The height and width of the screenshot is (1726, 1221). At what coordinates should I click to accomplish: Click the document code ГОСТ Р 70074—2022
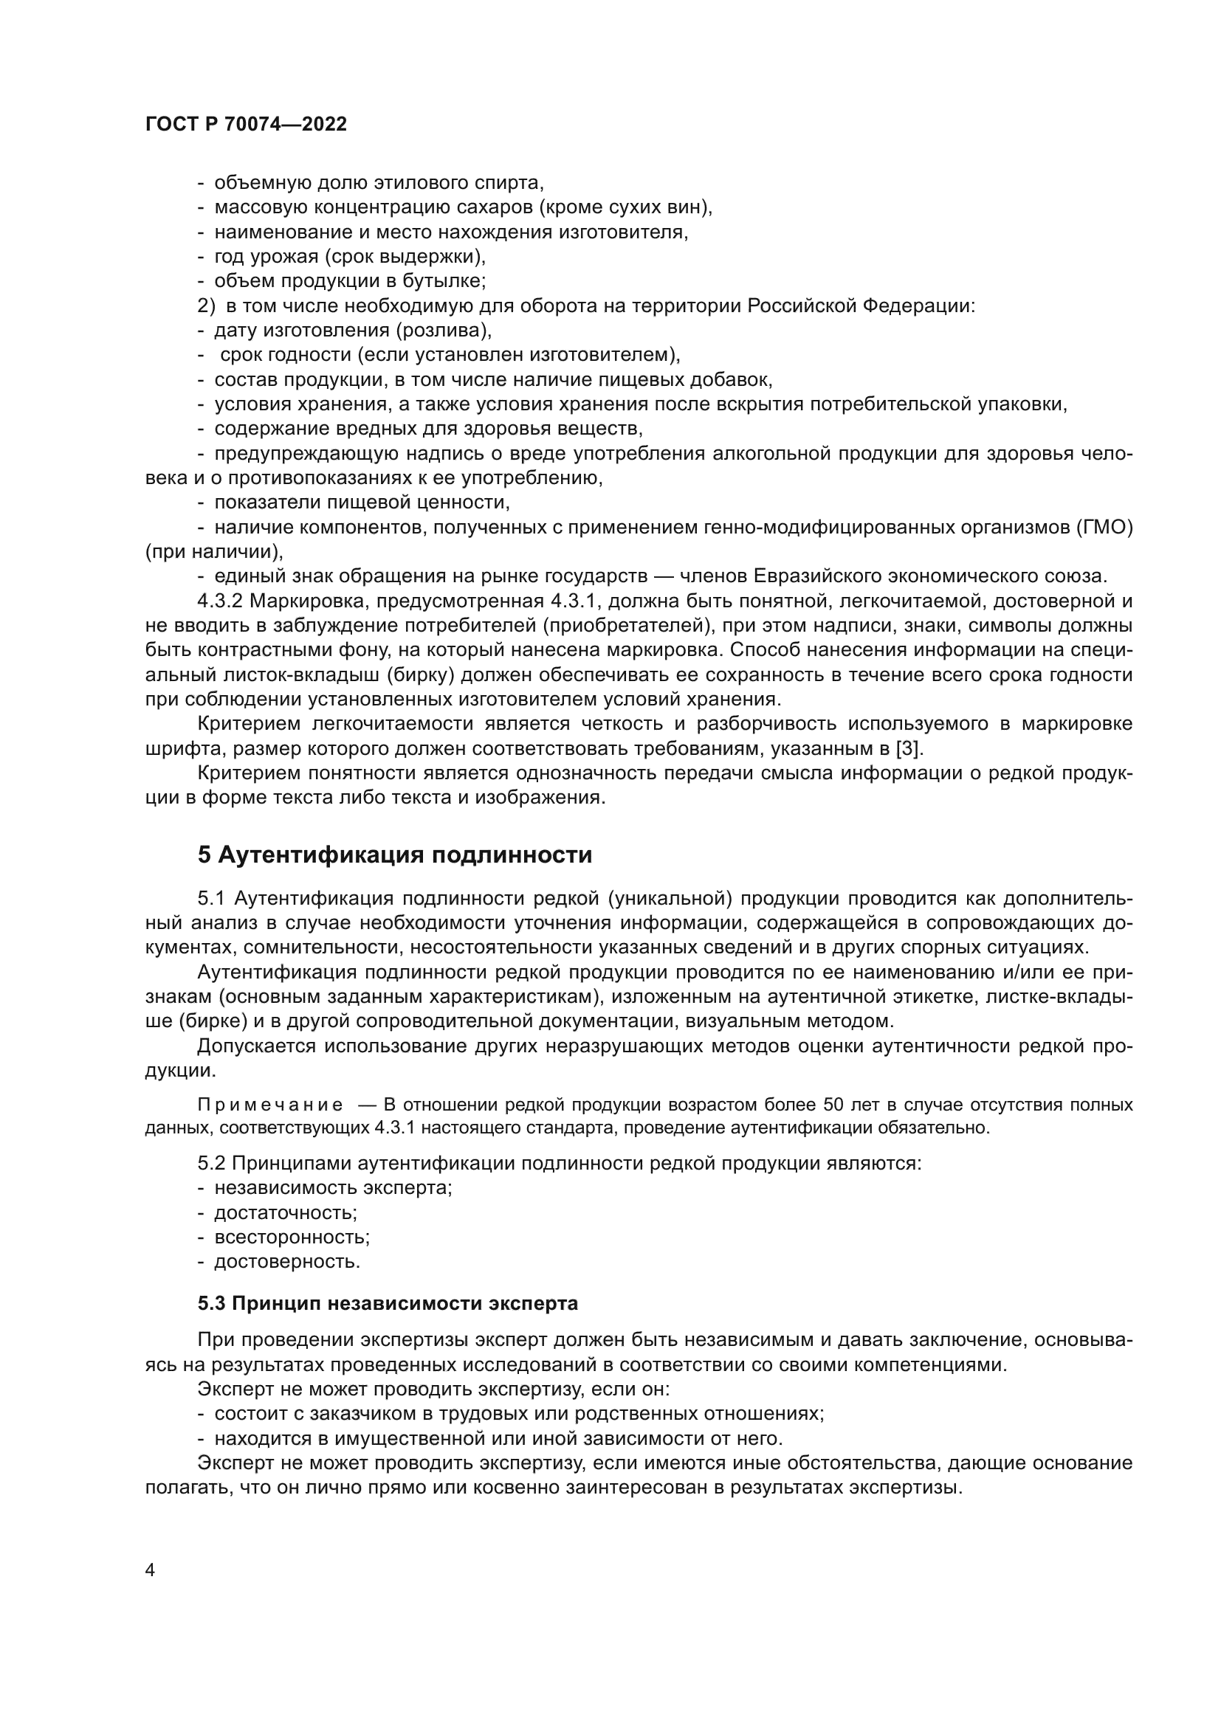pos(246,125)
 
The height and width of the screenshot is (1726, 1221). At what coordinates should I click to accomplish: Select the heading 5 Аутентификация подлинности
pos(395,855)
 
